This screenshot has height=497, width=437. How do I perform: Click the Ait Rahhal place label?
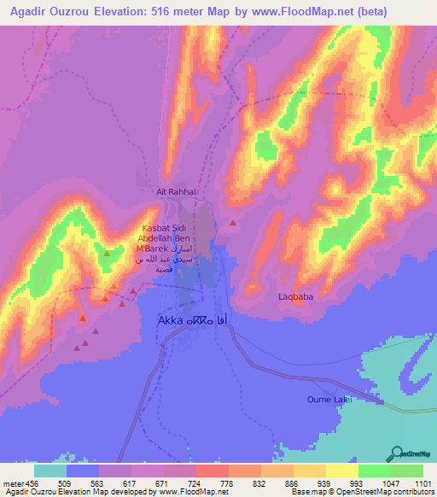tap(178, 193)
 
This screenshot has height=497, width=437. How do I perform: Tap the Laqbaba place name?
tap(298, 297)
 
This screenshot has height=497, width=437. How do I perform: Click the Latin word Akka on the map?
tap(173, 320)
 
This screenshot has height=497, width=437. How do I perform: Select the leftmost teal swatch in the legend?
tap(50, 471)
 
